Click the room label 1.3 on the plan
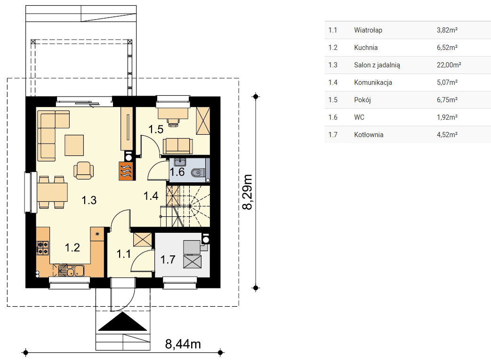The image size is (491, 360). pos(89,200)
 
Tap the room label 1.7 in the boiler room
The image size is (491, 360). pos(168,260)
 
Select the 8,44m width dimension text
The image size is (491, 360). pos(183,344)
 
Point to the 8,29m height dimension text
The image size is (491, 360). pos(247,192)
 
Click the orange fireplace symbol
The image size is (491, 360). pos(126,171)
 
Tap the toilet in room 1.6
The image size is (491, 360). pos(198,172)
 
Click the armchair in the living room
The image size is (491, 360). pos(84,170)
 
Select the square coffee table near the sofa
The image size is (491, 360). pos(74,146)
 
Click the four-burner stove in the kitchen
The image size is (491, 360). pos(43,248)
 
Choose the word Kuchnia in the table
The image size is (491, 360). pos(366,48)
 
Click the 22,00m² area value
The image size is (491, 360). pos(449,65)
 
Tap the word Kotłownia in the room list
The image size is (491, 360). pos(369,135)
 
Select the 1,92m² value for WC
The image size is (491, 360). pos(447,117)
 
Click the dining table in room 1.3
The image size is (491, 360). pos(52,192)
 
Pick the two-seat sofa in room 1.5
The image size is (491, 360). pos(177,146)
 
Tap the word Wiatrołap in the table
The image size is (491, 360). pos(368,30)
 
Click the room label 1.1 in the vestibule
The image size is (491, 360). pos(124,254)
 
